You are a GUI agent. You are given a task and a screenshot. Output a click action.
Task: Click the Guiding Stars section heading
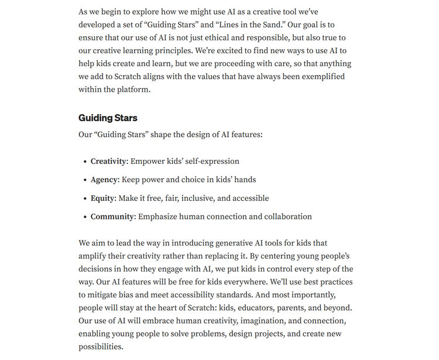coord(108,118)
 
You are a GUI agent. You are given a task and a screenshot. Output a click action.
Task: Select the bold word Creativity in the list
coord(109,161)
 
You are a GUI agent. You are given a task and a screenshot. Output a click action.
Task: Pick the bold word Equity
coord(103,198)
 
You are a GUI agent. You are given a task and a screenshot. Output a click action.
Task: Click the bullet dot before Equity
coord(85,199)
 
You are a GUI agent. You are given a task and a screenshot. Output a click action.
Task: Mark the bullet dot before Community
coord(85,217)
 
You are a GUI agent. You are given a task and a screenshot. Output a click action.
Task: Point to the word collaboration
coord(285,217)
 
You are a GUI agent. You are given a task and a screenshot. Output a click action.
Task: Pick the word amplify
coord(94,256)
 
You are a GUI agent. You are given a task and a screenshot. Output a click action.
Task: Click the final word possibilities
coord(100,347)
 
